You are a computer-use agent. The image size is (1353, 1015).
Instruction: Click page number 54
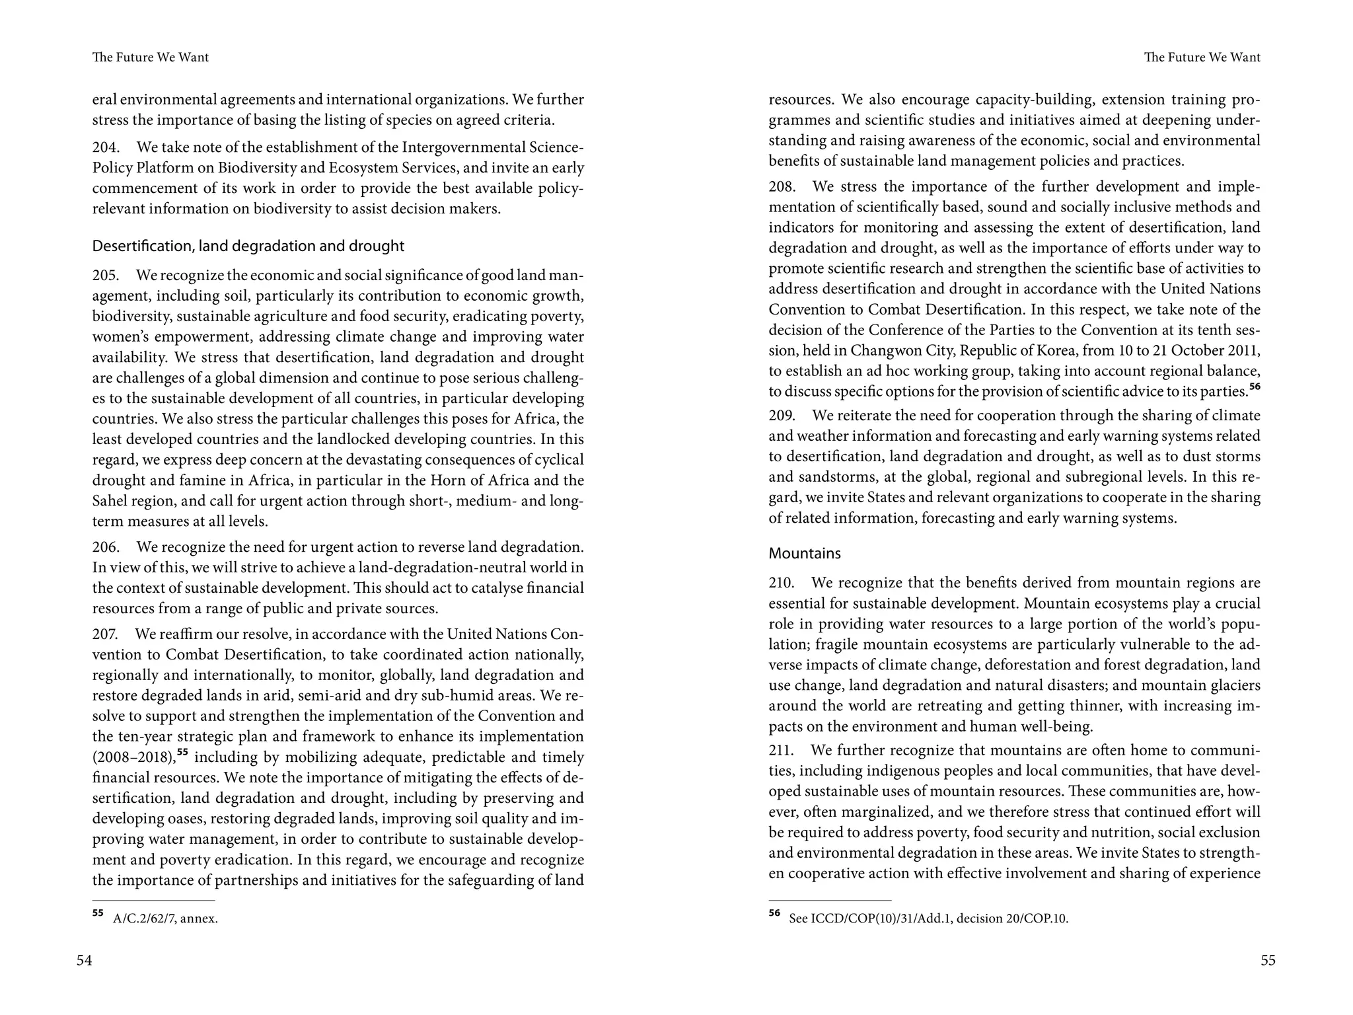pyautogui.click(x=84, y=960)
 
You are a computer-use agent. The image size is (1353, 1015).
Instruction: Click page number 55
pyautogui.click(x=1268, y=960)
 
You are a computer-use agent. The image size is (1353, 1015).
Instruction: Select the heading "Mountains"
pyautogui.click(x=804, y=553)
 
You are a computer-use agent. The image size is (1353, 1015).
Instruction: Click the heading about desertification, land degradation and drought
pyautogui.click(x=248, y=246)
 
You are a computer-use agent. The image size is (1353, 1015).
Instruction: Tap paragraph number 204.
pyautogui.click(x=106, y=147)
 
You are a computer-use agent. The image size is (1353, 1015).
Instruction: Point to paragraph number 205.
pyautogui.click(x=106, y=275)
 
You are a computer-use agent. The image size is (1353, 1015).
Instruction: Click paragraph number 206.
pyautogui.click(x=106, y=547)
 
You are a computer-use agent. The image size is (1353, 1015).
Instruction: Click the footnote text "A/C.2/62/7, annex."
pyautogui.click(x=165, y=919)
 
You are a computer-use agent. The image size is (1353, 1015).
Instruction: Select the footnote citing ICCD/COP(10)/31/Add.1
pyautogui.click(x=928, y=919)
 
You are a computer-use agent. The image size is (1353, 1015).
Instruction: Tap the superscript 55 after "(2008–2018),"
pyautogui.click(x=183, y=753)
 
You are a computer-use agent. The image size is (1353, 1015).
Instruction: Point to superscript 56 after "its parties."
pyautogui.click(x=1255, y=387)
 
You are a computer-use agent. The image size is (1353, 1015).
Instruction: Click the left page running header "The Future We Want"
pyautogui.click(x=151, y=57)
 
